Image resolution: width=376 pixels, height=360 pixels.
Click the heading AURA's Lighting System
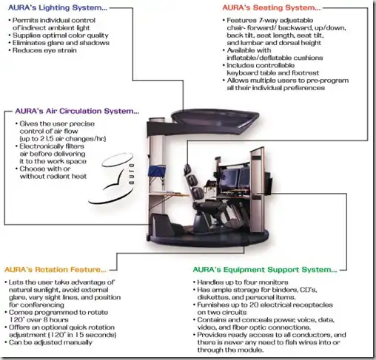pyautogui.click(x=58, y=7)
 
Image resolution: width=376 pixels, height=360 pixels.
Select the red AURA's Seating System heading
pyautogui.click(x=272, y=7)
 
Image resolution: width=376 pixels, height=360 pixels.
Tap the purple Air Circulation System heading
pyautogui.click(x=77, y=111)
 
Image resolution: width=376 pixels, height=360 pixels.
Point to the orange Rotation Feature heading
pyautogui.click(x=56, y=270)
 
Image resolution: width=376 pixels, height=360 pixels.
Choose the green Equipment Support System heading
pyautogui.click(x=265, y=270)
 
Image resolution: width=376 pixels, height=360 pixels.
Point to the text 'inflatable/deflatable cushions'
pyautogui.click(x=275, y=58)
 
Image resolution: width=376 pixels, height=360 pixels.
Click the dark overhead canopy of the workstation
pyautogui.click(x=215, y=118)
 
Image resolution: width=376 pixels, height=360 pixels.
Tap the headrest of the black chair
pyautogui.click(x=187, y=169)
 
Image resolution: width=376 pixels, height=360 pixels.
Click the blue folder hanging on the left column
pyautogui.click(x=156, y=171)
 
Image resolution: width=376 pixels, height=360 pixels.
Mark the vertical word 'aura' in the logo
pyautogui.click(x=132, y=174)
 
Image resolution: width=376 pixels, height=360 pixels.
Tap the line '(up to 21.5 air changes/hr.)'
pyautogui.click(x=63, y=139)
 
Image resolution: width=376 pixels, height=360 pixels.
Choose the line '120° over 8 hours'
pyautogui.click(x=38, y=320)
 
